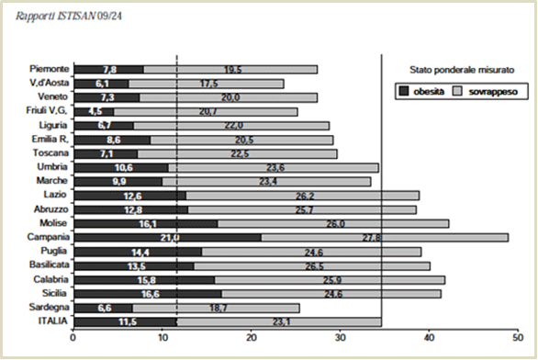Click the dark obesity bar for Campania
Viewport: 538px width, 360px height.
pyautogui.click(x=168, y=238)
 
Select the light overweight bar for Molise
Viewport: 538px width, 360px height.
pyautogui.click(x=333, y=224)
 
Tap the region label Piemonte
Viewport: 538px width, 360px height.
pyautogui.click(x=49, y=69)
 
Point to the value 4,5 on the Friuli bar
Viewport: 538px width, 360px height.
pyautogui.click(x=95, y=112)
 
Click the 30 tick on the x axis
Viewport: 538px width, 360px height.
pyautogui.click(x=340, y=338)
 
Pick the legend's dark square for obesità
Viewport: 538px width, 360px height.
pyautogui.click(x=405, y=91)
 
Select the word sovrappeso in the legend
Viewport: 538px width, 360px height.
pyautogui.click(x=493, y=92)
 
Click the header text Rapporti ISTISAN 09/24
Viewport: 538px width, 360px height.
pyautogui.click(x=69, y=17)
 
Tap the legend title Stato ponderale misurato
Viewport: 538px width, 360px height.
pyautogui.click(x=462, y=70)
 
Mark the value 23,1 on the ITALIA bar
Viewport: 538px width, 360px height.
pyautogui.click(x=282, y=322)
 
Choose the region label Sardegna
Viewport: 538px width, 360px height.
pyautogui.click(x=49, y=307)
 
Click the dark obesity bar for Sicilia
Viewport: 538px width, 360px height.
pyautogui.click(x=148, y=294)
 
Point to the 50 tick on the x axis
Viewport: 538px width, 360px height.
pyautogui.click(x=518, y=338)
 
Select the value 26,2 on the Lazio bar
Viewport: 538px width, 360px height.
pyautogui.click(x=305, y=196)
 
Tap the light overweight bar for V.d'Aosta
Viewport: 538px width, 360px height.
pyautogui.click(x=207, y=84)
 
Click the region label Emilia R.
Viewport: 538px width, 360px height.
pyautogui.click(x=50, y=139)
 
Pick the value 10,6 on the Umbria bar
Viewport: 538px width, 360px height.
pyautogui.click(x=124, y=168)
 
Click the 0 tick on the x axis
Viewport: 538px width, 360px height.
pyautogui.click(x=73, y=338)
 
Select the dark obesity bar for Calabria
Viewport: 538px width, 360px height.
pyautogui.click(x=144, y=280)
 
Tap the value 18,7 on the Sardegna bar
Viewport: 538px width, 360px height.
pyautogui.click(x=219, y=309)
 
